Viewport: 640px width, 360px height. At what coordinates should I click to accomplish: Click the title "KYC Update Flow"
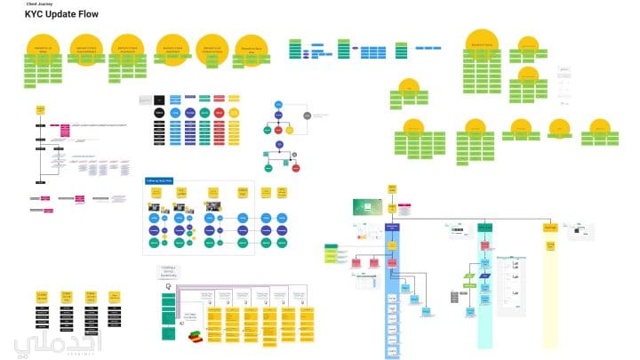(x=62, y=15)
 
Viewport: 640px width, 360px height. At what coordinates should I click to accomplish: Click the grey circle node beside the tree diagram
(x=307, y=116)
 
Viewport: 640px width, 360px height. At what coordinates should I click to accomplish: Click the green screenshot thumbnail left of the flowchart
(x=367, y=207)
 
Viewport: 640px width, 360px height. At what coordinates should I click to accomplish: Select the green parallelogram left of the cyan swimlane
(x=468, y=277)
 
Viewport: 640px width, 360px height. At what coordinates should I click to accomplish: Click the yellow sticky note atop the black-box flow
(x=40, y=110)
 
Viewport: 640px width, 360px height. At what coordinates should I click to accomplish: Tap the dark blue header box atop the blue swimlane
(x=392, y=227)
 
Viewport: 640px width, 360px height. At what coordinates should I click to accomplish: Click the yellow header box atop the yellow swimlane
(x=550, y=228)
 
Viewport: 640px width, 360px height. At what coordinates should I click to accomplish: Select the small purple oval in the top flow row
(x=306, y=53)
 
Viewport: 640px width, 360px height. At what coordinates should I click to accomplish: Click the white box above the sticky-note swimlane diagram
(x=169, y=272)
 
